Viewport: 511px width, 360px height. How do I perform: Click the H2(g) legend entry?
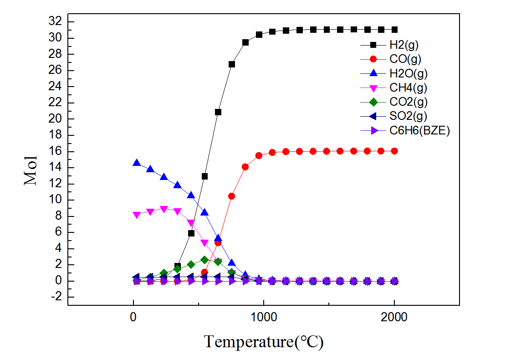404,45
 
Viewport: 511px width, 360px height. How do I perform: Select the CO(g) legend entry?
404,59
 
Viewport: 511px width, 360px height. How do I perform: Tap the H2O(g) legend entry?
408,73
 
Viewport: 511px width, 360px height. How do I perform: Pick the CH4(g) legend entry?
408,87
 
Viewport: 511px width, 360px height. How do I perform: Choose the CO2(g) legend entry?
408,102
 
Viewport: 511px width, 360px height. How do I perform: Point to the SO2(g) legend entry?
408,116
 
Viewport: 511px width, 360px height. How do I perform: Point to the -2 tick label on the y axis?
58,297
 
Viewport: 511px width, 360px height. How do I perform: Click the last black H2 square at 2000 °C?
394,30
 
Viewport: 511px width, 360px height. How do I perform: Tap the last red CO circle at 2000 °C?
394,151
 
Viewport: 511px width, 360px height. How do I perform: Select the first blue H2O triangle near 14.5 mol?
137,163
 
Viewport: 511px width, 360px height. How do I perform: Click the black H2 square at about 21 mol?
218,112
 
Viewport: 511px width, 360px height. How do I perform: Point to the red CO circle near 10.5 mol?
231,196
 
